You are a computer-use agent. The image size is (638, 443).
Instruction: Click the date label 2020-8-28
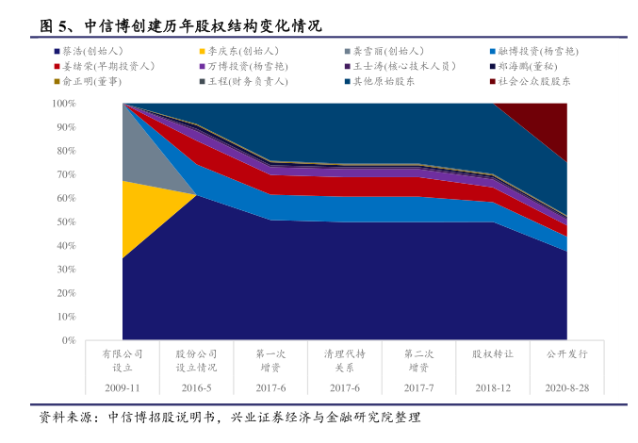click(566, 387)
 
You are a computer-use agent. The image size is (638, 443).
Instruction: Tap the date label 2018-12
click(493, 387)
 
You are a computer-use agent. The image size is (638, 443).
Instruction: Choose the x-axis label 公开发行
click(566, 353)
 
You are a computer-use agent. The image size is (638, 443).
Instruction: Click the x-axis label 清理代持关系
click(345, 360)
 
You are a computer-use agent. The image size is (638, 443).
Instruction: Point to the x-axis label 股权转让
click(493, 353)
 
